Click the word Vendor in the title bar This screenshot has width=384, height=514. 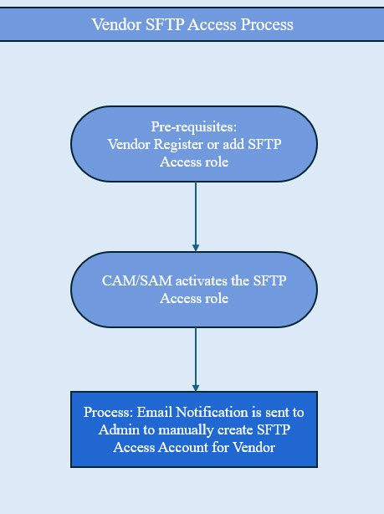point(115,24)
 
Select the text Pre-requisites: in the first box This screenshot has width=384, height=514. point(194,127)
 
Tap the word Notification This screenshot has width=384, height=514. point(216,414)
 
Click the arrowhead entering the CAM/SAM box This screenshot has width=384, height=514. point(196,247)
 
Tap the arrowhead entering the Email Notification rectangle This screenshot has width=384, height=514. point(196,387)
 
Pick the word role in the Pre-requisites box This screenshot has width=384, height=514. point(216,162)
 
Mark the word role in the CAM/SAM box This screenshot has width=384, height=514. point(216,297)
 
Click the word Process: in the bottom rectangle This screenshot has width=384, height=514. point(110,414)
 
